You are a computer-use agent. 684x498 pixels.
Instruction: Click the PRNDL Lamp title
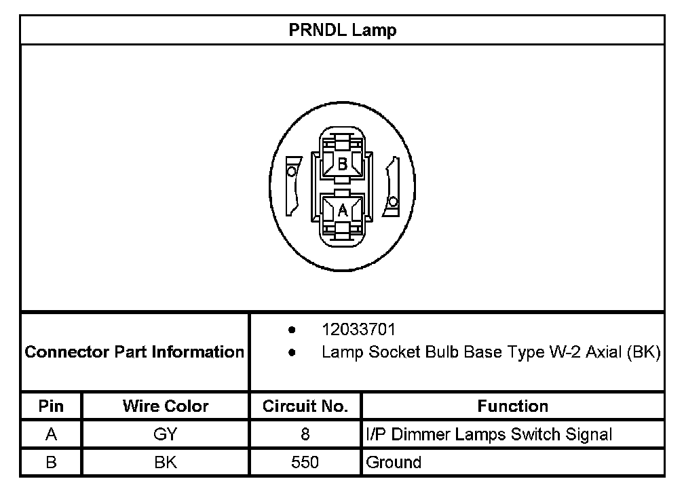click(342, 31)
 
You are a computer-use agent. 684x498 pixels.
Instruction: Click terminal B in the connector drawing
click(343, 164)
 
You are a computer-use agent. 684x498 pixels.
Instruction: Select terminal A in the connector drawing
click(343, 210)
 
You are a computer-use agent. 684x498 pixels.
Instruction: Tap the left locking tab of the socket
click(292, 185)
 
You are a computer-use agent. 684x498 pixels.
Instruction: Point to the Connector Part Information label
click(134, 352)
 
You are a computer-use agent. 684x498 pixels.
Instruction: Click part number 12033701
click(358, 330)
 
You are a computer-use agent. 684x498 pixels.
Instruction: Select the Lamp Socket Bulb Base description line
click(491, 353)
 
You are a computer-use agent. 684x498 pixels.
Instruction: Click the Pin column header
click(51, 406)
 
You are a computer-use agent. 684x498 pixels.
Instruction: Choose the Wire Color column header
click(166, 406)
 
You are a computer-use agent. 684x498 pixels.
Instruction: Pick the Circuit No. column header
click(305, 406)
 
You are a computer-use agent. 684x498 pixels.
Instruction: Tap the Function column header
click(512, 406)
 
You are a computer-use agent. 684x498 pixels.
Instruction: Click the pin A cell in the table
click(51, 434)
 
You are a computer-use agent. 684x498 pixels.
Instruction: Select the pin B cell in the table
click(51, 463)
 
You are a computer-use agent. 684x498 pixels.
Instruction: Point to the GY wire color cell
click(166, 434)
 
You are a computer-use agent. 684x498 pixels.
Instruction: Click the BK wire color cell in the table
click(166, 463)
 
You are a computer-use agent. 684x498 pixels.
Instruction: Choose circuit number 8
click(305, 434)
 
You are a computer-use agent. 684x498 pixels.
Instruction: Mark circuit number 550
click(305, 463)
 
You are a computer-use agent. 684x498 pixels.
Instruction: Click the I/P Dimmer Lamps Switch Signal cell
click(489, 434)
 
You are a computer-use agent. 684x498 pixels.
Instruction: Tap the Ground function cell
click(394, 463)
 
